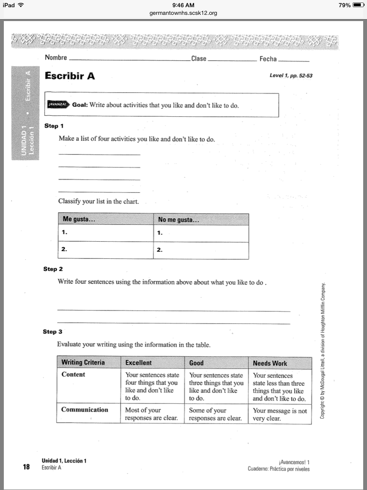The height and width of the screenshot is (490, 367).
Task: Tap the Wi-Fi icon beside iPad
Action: (x=21, y=5)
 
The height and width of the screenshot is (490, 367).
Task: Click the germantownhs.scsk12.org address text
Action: (x=183, y=13)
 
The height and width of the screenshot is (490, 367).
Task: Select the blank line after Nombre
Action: (x=129, y=60)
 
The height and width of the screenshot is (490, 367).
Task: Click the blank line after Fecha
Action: (x=293, y=60)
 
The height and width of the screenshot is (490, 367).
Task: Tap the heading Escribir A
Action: (x=70, y=76)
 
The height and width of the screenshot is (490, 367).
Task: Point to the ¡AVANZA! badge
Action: (x=59, y=104)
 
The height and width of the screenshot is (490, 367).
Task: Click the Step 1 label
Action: (x=54, y=126)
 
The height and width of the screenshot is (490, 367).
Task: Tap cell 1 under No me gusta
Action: (x=201, y=234)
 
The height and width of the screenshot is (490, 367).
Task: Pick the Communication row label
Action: (x=85, y=410)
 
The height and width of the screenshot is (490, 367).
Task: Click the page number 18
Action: (x=27, y=467)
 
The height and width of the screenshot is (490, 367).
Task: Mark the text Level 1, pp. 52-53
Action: (x=291, y=76)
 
